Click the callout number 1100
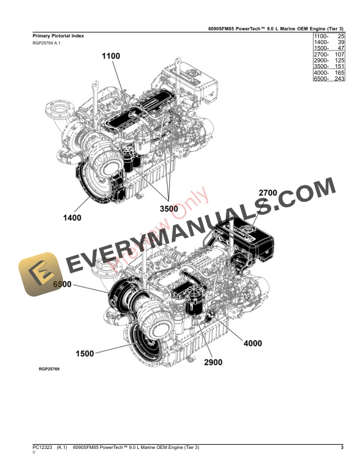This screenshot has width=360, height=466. click(x=111, y=56)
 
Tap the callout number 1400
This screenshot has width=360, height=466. click(x=72, y=218)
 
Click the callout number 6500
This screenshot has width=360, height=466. click(x=62, y=284)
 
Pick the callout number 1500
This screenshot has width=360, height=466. click(x=84, y=354)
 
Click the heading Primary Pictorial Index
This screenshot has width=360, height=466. click(x=58, y=36)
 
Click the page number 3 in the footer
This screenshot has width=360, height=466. click(x=342, y=448)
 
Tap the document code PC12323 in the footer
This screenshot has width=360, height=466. click(x=44, y=448)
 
